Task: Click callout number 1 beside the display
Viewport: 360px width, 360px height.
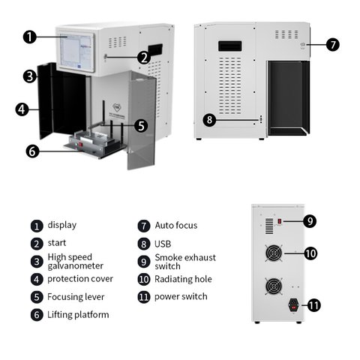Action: point(30,37)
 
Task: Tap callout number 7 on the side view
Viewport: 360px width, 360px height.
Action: point(333,45)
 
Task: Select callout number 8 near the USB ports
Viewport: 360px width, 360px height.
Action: point(209,120)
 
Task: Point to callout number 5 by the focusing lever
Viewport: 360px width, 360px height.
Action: point(141,125)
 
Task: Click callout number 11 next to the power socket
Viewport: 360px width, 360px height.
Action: point(313,305)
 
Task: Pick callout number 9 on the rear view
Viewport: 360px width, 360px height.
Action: point(310,221)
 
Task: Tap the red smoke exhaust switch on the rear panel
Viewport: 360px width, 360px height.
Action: point(280,221)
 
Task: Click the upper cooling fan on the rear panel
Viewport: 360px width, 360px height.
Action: point(274,253)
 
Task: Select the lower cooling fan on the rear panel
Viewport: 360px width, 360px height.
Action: point(274,286)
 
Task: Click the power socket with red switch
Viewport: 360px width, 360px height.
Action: point(294,305)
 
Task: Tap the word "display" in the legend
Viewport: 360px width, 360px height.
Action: point(62,225)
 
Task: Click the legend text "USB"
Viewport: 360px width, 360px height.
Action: point(163,244)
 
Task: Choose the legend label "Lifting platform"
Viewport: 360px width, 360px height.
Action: point(78,315)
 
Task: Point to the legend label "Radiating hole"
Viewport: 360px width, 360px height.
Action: point(183,279)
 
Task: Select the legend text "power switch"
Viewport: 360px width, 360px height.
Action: point(181,297)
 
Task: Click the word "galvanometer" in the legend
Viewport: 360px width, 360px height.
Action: point(76,266)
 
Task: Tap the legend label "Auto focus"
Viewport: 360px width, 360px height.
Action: point(176,226)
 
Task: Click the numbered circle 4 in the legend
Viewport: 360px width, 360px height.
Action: point(37,279)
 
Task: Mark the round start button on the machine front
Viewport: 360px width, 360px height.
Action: point(106,57)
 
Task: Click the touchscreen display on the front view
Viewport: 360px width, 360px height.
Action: point(76,52)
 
